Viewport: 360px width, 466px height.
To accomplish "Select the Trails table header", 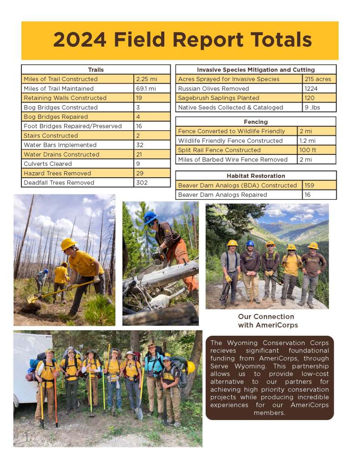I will pyautogui.click(x=96, y=70).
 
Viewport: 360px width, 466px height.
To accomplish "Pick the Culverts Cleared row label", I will pyautogui.click(x=48, y=164).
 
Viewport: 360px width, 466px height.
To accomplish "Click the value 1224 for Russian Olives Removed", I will pyautogui.click(x=312, y=88).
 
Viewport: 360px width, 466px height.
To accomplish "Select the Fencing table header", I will pyautogui.click(x=255, y=122).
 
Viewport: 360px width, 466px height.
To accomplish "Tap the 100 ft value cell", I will pyautogui.click(x=308, y=150).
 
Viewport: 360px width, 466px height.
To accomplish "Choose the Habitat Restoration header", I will pyautogui.click(x=256, y=176).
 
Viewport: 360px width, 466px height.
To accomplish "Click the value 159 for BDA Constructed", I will pyautogui.click(x=310, y=185).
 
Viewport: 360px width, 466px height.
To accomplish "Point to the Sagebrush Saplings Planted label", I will pyautogui.click(x=218, y=98).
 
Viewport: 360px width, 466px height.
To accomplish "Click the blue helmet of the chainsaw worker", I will pyautogui.click(x=150, y=218).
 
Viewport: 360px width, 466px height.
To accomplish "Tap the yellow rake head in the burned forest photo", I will pyautogui.click(x=32, y=299).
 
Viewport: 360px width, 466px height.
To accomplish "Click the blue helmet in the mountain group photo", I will pyautogui.click(x=250, y=243).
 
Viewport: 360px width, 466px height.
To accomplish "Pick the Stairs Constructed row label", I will pyautogui.click(x=51, y=135).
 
